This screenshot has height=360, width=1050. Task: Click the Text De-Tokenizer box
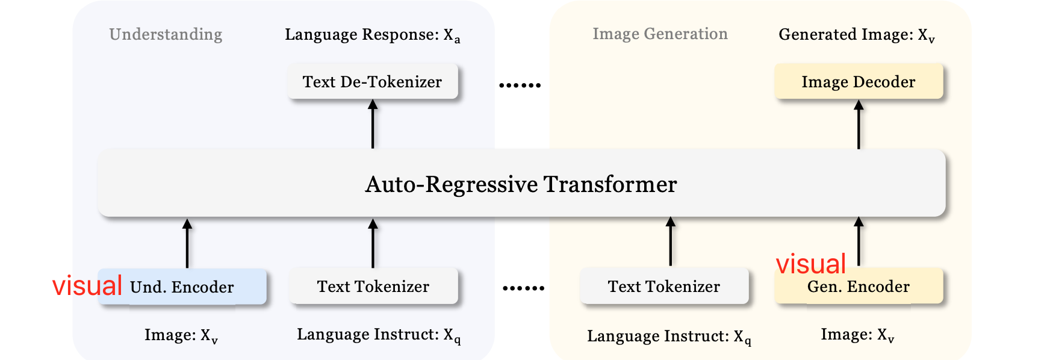tap(372, 82)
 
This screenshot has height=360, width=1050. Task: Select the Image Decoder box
tap(858, 82)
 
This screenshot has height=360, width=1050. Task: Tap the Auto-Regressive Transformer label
tap(521, 184)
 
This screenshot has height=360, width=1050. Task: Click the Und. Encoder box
tap(182, 287)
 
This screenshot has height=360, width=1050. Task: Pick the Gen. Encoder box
tap(858, 287)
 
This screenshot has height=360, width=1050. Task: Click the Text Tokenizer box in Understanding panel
tap(373, 287)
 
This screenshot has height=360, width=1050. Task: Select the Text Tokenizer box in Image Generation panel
tap(663, 287)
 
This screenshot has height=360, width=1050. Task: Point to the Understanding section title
tap(166, 34)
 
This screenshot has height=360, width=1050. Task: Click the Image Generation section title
tap(660, 34)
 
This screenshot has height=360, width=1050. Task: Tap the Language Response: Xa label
tap(372, 35)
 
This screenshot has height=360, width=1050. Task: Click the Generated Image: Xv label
tap(856, 35)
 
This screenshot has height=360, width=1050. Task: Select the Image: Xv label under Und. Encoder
tap(181, 335)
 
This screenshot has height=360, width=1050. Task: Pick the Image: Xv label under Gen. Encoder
tap(857, 335)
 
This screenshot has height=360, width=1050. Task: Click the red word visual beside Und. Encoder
tap(87, 285)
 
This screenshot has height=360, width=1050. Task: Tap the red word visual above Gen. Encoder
tap(810, 264)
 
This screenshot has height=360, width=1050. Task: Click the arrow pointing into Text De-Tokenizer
tap(373, 123)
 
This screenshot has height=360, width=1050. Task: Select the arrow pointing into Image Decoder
tap(859, 124)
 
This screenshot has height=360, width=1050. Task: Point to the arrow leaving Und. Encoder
tap(187, 243)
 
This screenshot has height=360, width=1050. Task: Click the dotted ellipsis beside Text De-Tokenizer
tap(520, 85)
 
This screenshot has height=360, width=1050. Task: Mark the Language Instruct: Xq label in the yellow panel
tap(668, 337)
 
